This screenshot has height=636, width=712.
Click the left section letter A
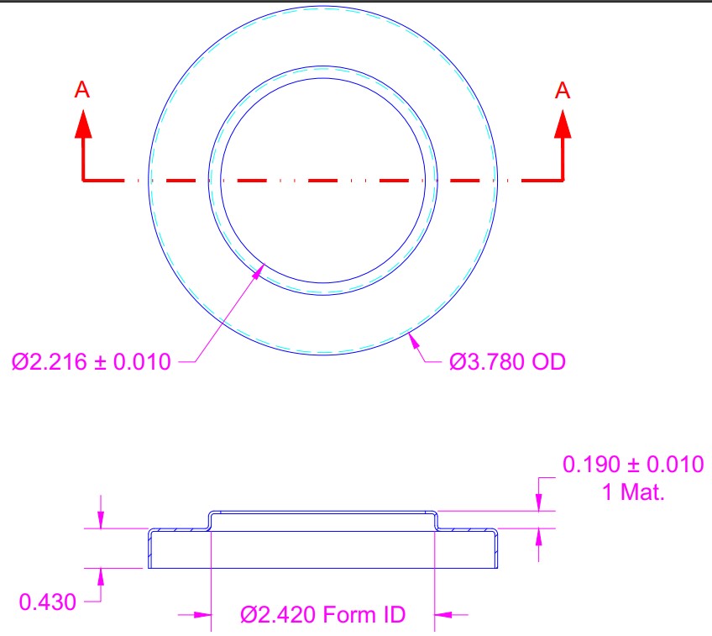82,90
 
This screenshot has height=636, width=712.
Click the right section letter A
563,90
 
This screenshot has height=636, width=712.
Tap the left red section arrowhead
83,124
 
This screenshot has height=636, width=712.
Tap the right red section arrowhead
563,124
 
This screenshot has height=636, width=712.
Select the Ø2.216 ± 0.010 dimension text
92,362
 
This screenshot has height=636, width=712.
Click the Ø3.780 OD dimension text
507,362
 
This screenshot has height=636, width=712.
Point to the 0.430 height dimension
48,602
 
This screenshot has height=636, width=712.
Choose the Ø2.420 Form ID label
323,615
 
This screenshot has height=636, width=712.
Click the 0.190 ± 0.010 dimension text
633,465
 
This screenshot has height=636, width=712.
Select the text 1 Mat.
633,492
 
